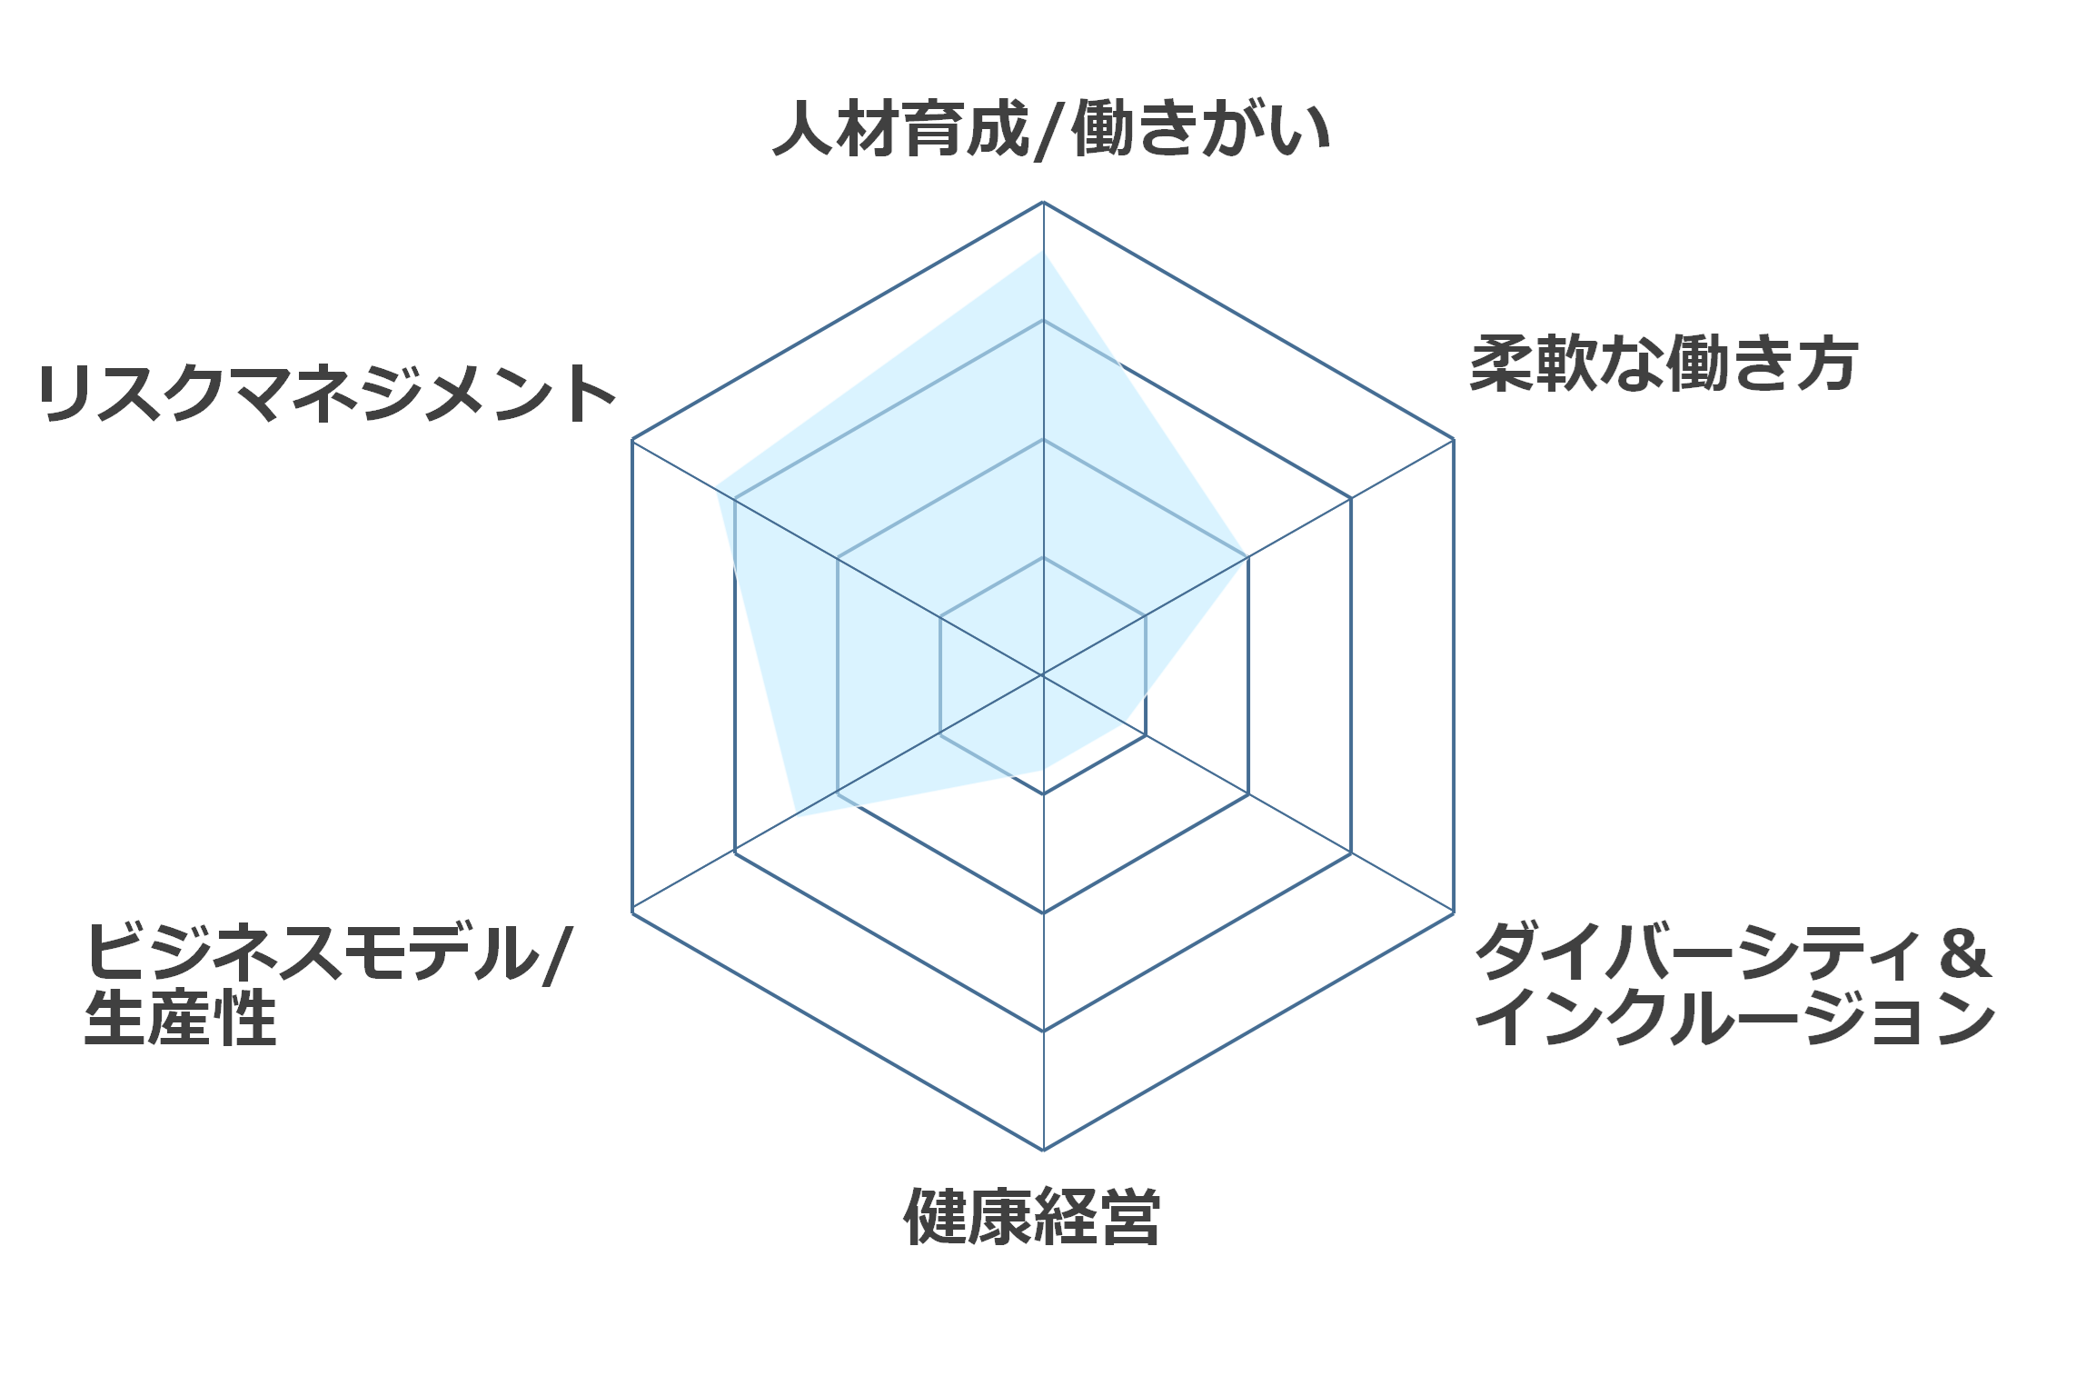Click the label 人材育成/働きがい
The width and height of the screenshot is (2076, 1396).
point(1050,130)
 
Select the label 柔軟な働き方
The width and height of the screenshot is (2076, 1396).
point(1664,364)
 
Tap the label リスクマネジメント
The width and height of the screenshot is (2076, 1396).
point(327,394)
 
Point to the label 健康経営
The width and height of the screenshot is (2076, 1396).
point(1032,1216)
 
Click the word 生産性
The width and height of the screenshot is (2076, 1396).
point(181,1018)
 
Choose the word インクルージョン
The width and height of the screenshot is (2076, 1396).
point(1735,1018)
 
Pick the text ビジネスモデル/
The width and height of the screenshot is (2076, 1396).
point(328,953)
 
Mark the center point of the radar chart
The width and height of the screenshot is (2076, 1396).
point(1043,675)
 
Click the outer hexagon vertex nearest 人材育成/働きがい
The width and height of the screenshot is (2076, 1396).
point(1043,202)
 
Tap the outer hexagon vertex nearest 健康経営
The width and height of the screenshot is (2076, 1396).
point(1043,1150)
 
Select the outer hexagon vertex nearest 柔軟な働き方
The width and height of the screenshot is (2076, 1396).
point(1454,439)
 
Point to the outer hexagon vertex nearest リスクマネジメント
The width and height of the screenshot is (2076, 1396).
point(632,440)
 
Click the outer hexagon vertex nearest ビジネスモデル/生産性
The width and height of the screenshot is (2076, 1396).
point(632,912)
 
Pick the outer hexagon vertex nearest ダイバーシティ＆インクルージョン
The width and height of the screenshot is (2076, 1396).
point(1454,912)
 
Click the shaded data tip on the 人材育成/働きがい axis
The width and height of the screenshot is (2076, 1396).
point(1043,251)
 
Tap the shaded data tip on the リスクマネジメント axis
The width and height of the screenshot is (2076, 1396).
point(716,487)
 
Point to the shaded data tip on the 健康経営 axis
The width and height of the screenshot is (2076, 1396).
point(1043,770)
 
